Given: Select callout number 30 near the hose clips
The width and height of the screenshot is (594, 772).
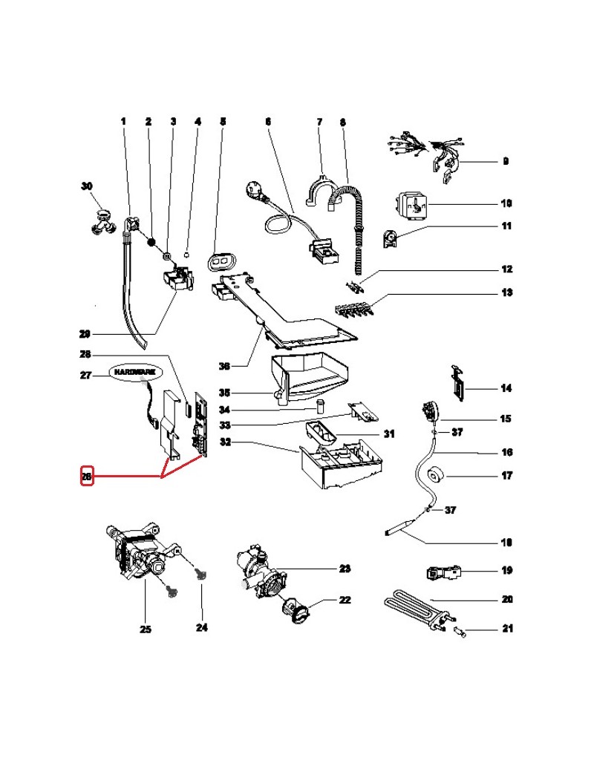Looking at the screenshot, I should (86, 186).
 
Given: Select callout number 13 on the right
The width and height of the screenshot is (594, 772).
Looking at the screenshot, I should (506, 293).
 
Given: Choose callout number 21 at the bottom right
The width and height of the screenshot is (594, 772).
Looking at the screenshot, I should (506, 629).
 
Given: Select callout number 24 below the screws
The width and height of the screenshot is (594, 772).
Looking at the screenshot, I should (201, 628).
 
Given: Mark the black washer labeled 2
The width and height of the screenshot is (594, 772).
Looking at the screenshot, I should (151, 242).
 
